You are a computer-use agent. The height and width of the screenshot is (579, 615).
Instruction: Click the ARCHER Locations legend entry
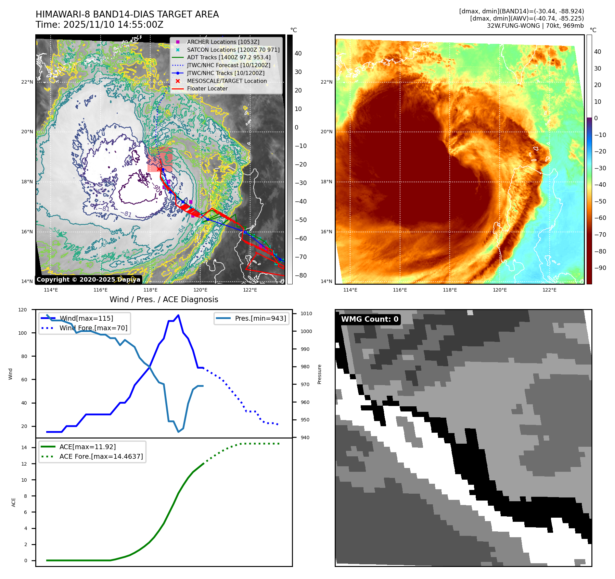click(223, 42)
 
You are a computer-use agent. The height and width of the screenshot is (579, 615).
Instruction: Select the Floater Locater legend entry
click(207, 88)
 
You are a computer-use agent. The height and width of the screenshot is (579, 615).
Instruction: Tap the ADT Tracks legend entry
click(229, 57)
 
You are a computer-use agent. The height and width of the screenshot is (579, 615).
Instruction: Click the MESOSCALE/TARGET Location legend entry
click(227, 81)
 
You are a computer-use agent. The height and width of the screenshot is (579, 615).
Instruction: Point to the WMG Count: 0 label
click(370, 319)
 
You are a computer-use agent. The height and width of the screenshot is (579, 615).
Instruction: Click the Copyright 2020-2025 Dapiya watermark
click(88, 280)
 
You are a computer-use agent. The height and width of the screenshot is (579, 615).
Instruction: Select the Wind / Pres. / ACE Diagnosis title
click(164, 299)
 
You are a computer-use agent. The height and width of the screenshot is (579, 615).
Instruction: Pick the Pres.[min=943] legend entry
click(260, 318)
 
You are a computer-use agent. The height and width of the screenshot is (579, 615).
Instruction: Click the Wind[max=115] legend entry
click(86, 318)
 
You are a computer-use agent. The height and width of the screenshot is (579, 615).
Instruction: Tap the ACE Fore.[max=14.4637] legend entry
click(101, 456)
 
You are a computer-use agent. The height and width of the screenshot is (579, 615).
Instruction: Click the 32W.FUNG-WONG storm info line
click(535, 26)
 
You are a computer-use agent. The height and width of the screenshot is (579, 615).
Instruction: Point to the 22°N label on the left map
click(27, 82)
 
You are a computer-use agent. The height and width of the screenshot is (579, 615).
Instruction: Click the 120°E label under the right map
click(499, 290)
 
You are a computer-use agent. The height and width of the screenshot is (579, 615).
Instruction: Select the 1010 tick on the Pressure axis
click(306, 313)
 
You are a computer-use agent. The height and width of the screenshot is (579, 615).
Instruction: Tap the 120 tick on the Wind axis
click(23, 310)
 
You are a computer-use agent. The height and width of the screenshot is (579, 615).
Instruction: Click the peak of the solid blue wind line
click(178, 315)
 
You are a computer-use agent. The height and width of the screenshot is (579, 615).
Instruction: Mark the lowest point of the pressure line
click(178, 432)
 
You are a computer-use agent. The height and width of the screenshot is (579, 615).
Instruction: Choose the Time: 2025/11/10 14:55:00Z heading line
click(99, 25)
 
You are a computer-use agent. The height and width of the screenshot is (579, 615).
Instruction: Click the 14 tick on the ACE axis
click(24, 447)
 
